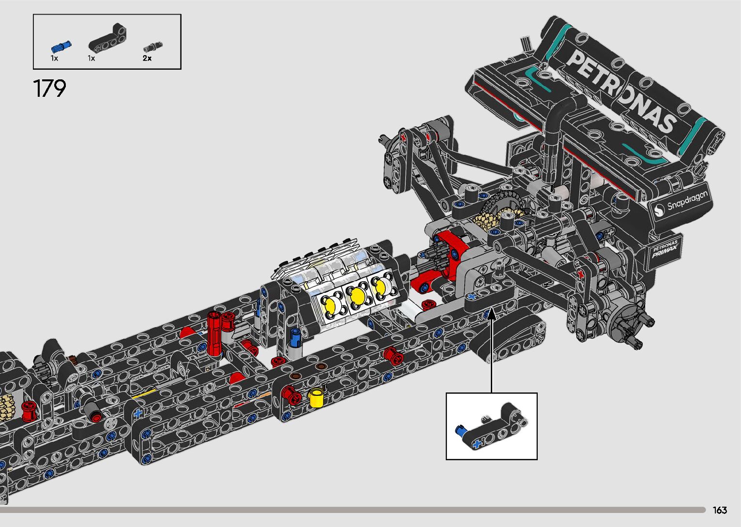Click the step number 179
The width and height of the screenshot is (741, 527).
(50, 89)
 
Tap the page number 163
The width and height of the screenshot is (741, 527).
(720, 510)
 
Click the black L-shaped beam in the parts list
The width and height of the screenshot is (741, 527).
(107, 38)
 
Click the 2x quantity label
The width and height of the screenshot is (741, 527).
(147, 58)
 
